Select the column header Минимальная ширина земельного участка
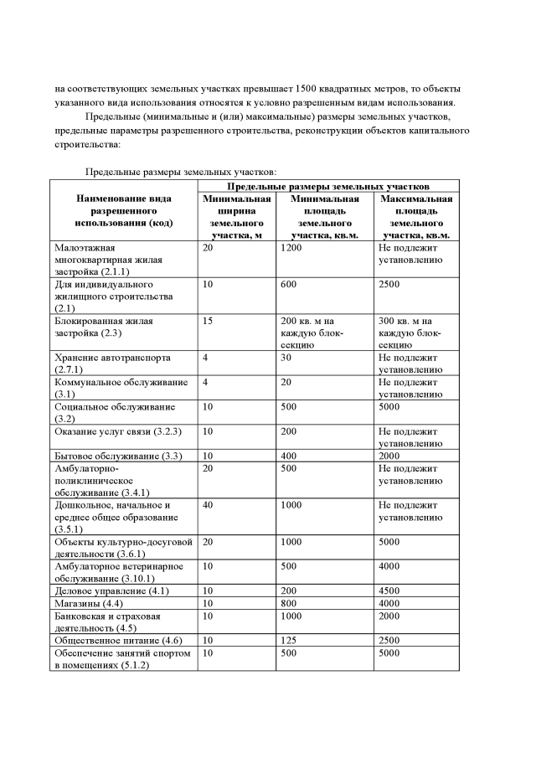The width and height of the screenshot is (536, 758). [x=237, y=217]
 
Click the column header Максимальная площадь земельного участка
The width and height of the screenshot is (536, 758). [x=416, y=217]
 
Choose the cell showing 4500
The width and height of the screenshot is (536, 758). [x=389, y=590]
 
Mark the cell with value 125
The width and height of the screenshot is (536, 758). [x=290, y=639]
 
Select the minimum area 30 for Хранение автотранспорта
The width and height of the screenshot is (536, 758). [x=287, y=358]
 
